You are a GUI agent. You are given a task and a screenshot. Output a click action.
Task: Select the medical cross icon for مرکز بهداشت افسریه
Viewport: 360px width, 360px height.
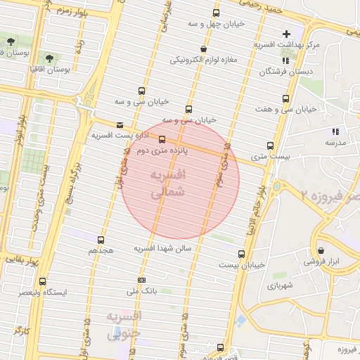286,34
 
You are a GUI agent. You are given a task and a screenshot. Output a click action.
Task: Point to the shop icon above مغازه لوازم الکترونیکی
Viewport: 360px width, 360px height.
203,49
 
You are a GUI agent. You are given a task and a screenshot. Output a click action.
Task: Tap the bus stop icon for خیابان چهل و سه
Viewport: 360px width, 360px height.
216,13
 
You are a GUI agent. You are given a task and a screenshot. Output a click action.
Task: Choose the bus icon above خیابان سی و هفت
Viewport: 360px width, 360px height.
285,99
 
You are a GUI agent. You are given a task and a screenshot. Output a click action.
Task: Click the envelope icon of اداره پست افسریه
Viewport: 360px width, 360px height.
120,124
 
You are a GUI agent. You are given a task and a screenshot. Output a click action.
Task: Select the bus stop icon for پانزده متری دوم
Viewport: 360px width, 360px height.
162,139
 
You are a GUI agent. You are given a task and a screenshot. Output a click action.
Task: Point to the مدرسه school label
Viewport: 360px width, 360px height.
335,143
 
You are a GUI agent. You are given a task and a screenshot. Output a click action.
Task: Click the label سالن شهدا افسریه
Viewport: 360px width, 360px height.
162,248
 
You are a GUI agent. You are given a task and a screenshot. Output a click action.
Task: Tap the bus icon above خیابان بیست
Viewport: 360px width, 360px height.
242,254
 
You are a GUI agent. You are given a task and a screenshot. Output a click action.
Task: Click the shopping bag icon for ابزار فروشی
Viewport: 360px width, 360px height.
321,250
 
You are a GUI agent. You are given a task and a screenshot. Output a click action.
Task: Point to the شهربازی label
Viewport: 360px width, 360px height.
279,285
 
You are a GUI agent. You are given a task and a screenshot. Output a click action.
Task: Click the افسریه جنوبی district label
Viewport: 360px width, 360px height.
124,325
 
